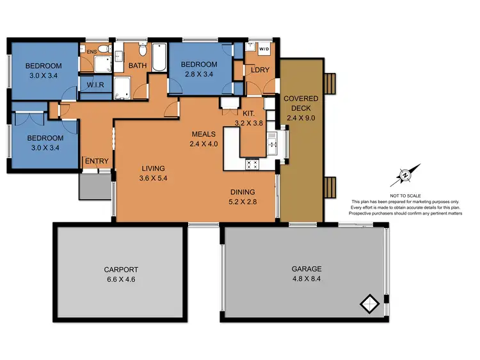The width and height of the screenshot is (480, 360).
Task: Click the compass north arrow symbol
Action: click(406, 174)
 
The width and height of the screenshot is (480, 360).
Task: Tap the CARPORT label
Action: click(122, 270)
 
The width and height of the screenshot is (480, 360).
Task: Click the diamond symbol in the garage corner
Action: click(369, 302)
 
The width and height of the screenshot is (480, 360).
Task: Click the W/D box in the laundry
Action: click(264, 49)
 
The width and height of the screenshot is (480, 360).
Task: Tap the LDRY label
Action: click(260, 69)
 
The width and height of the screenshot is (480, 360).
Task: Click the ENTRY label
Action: click(97, 161)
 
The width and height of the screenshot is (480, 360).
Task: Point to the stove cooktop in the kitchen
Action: click(252, 163)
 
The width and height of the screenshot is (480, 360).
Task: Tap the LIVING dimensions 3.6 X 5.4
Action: click(157, 180)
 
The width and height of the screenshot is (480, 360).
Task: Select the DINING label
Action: click(243, 192)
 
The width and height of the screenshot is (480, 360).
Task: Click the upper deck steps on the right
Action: click(330, 83)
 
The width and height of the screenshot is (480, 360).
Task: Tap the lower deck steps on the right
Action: click(330, 188)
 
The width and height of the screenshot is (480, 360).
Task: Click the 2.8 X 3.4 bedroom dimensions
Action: click(198, 74)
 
